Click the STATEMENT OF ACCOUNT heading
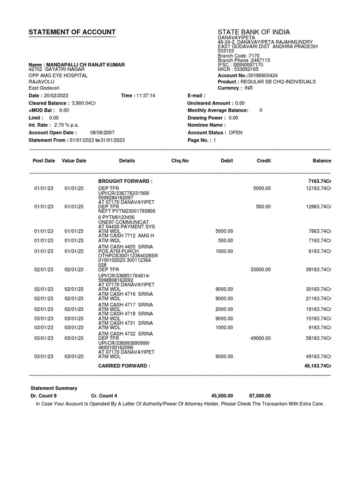pos(72,32)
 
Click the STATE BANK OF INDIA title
pos(254,32)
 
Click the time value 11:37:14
pos(145,96)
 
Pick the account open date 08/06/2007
pos(103,133)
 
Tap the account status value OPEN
pos(235,133)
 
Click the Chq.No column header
pos(180,161)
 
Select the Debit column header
pos(227,161)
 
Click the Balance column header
pos(322,161)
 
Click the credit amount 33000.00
pos(261,270)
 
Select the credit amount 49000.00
pos(261,337)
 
